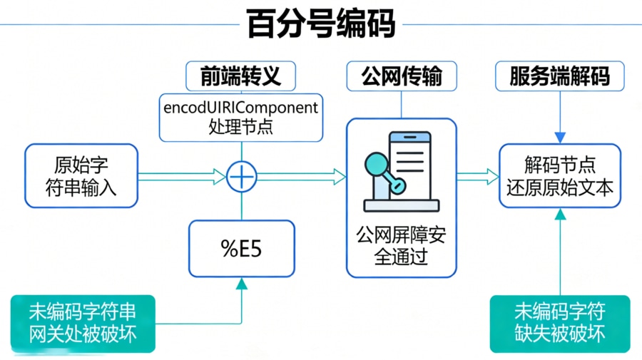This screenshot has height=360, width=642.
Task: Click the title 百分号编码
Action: (x=321, y=23)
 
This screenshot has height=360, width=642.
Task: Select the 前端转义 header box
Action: (x=241, y=76)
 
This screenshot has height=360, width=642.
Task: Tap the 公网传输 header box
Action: (x=401, y=76)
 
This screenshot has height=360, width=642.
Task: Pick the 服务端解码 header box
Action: (x=560, y=76)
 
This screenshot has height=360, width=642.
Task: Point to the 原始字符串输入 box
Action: (x=81, y=176)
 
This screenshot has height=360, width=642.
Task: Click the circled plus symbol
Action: (x=242, y=175)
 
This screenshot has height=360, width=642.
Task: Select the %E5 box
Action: (x=241, y=248)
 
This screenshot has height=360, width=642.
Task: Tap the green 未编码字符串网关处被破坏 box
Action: (x=83, y=323)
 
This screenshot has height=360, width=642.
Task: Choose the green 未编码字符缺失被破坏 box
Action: (x=560, y=323)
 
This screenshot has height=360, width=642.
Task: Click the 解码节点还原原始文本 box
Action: (x=560, y=176)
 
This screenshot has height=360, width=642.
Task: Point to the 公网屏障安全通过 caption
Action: (x=401, y=245)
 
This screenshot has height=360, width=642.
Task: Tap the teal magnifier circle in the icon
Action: (x=376, y=165)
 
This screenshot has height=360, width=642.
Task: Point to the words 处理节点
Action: (x=241, y=127)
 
